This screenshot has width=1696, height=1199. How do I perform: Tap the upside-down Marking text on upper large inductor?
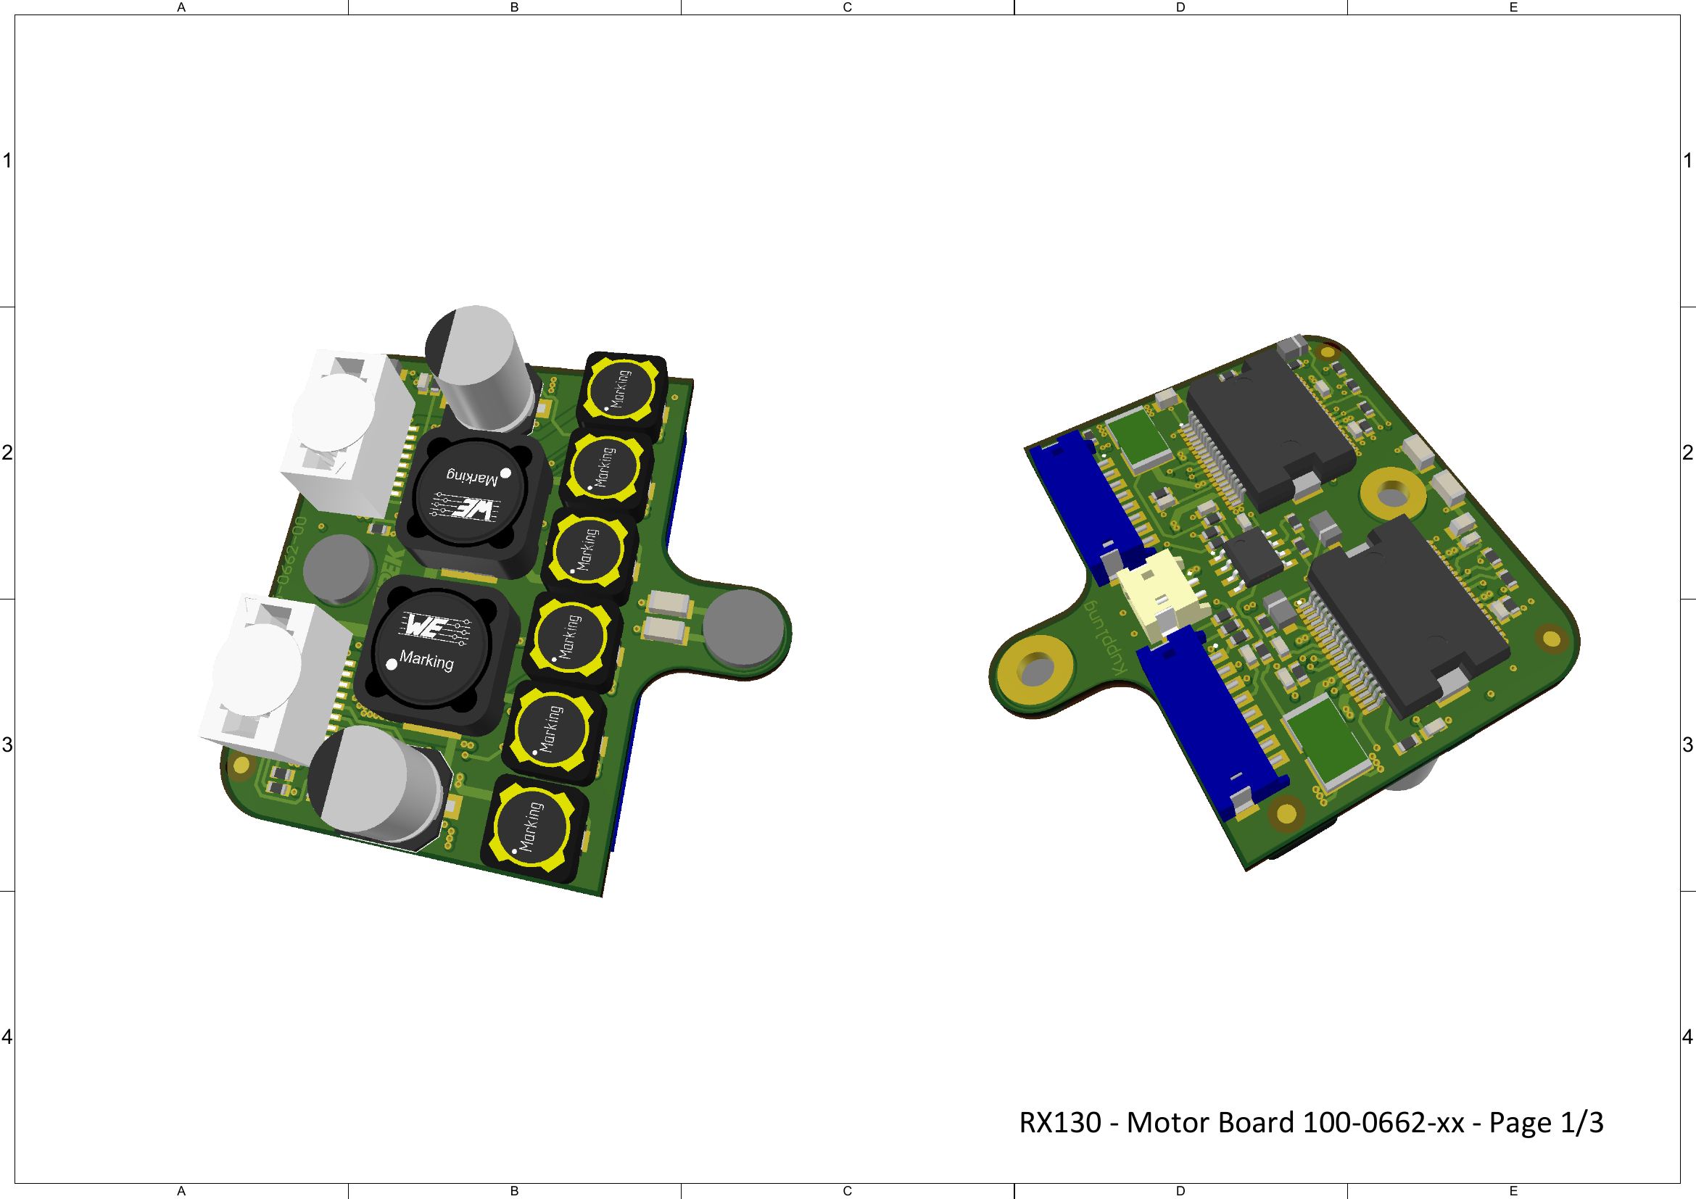pos(472,477)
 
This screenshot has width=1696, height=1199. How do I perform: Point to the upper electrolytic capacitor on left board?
pos(479,369)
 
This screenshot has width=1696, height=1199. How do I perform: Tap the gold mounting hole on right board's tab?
pos(1035,669)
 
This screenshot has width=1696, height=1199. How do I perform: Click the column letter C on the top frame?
pos(847,7)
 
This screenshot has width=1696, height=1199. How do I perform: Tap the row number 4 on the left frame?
pos(7,1037)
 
